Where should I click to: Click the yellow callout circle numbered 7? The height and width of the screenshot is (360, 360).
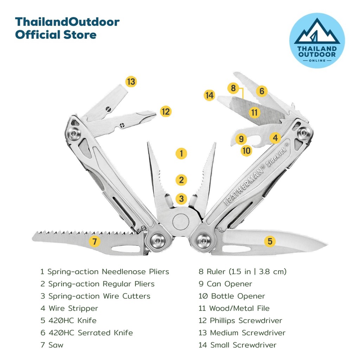(x=94, y=241)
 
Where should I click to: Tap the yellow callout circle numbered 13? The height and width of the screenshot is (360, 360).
(x=131, y=82)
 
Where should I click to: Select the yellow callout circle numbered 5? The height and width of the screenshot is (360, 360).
(x=270, y=241)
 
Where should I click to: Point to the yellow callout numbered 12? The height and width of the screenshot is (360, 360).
(x=166, y=111)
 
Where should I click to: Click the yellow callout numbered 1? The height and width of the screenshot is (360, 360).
(x=181, y=153)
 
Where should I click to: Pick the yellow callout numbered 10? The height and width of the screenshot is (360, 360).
(x=246, y=151)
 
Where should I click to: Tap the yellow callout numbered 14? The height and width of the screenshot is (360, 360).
(x=210, y=95)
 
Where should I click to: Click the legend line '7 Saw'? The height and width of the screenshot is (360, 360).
(x=52, y=345)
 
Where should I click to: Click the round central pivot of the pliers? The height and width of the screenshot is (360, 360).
(x=181, y=222)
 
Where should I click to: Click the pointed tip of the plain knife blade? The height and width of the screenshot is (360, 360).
(x=327, y=245)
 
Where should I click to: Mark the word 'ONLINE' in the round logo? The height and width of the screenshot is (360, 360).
(x=317, y=60)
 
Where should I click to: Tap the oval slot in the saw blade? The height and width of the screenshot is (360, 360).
(x=126, y=249)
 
